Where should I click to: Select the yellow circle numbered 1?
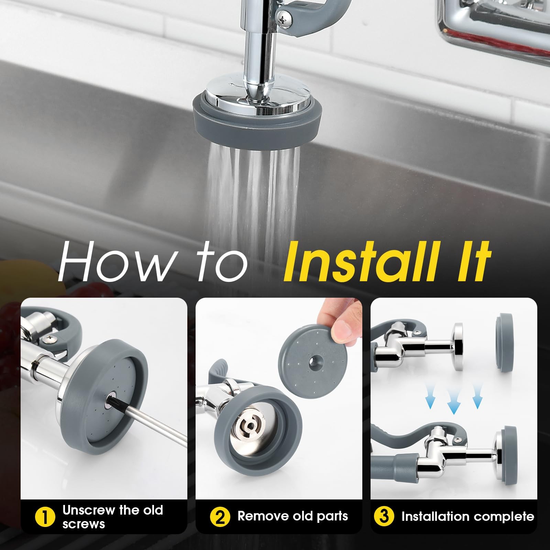[45, 517]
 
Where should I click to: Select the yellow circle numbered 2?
[220, 517]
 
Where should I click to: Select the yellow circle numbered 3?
[384, 517]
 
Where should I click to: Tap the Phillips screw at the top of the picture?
[284, 15]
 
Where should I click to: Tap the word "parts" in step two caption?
[329, 517]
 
